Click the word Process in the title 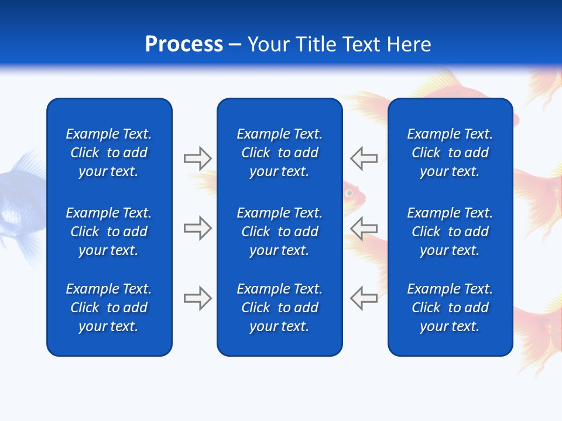click(184, 44)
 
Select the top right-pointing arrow click(197, 158)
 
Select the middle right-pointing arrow click(197, 228)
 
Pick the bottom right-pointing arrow click(197, 298)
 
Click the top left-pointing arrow click(364, 158)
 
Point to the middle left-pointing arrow click(364, 228)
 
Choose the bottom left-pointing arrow click(364, 298)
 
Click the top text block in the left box click(109, 153)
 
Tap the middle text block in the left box click(109, 232)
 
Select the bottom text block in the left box click(109, 308)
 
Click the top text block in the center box click(279, 153)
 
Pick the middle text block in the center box click(279, 232)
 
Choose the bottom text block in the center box click(279, 308)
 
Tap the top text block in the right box click(450, 153)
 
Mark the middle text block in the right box click(450, 232)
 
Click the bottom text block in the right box click(450, 308)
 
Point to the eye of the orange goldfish click(349, 192)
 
